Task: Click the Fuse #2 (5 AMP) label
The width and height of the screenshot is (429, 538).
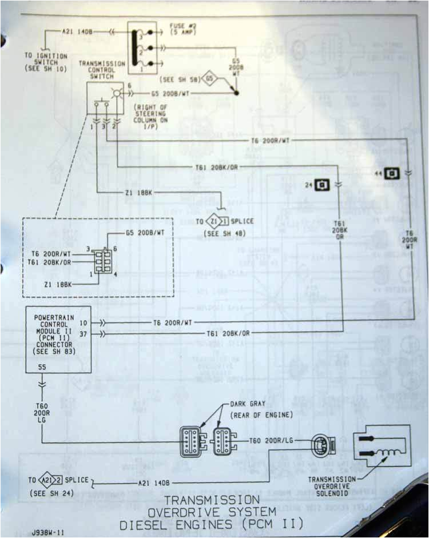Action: pos(184,29)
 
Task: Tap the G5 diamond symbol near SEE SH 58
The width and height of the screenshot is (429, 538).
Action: pos(210,77)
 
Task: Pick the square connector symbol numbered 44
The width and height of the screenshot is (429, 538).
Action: pos(391,172)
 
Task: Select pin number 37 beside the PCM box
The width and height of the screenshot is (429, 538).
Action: pos(84,333)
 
